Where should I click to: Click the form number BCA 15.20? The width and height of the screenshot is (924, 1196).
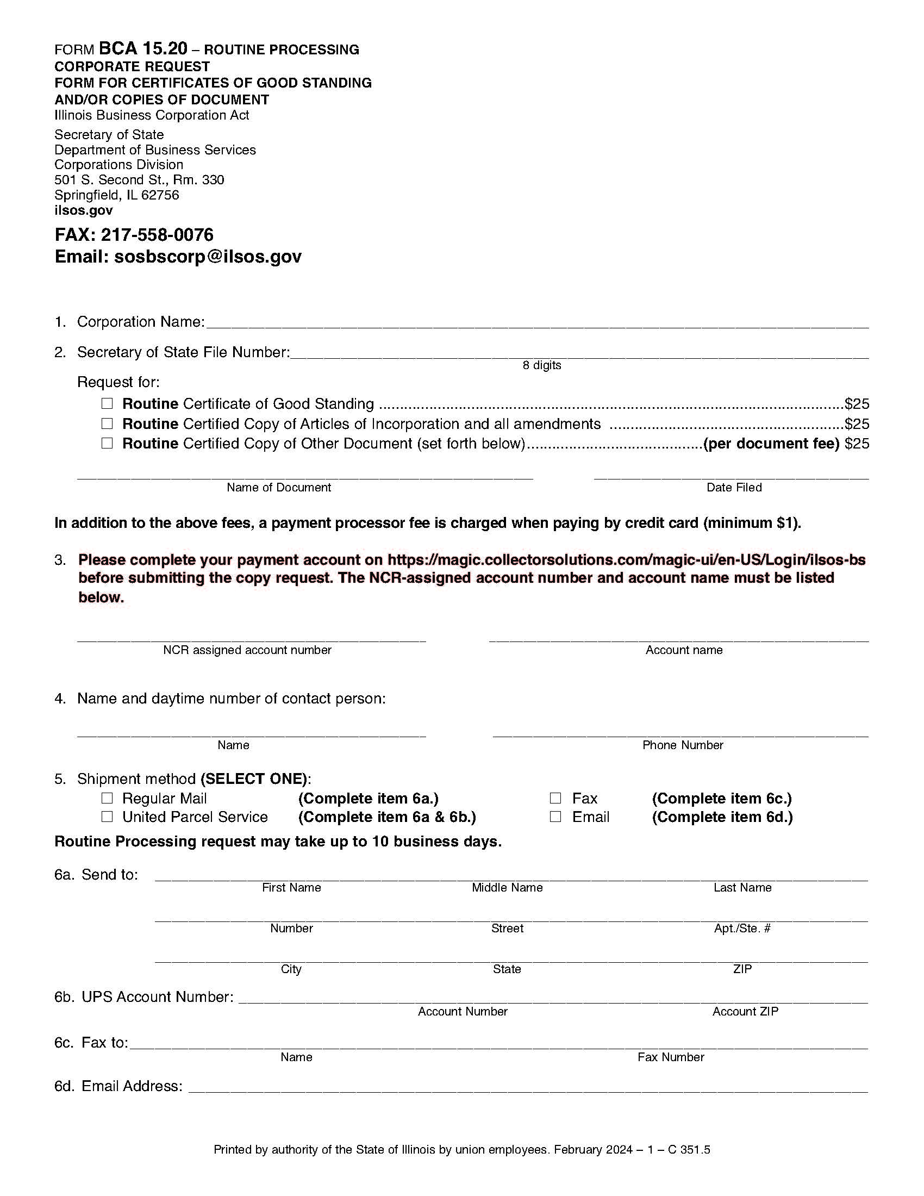click(x=143, y=49)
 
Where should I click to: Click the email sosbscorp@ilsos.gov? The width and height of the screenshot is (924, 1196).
click(x=208, y=257)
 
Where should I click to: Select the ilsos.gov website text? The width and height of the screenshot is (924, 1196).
click(x=83, y=210)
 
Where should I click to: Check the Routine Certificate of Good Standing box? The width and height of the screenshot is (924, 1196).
click(x=107, y=403)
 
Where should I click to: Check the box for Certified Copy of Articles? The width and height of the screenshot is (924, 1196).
click(x=107, y=423)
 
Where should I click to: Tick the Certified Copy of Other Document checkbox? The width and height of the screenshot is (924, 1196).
click(x=107, y=443)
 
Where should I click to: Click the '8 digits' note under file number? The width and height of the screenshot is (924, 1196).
click(x=541, y=365)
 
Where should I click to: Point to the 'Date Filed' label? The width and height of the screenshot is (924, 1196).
click(x=734, y=488)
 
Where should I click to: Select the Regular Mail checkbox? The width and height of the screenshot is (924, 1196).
click(x=107, y=798)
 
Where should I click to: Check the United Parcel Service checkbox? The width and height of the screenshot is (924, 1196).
click(x=107, y=817)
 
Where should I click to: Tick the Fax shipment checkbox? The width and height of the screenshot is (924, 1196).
click(x=555, y=798)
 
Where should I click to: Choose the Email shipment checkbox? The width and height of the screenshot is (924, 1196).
click(x=555, y=817)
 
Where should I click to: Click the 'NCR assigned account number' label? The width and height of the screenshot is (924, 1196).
click(x=247, y=650)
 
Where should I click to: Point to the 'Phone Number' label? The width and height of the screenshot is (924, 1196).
click(x=683, y=745)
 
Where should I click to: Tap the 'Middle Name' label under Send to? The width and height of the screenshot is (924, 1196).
click(x=507, y=888)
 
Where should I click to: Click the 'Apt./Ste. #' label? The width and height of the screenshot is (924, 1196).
click(x=742, y=928)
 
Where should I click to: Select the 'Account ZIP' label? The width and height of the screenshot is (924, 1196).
click(x=745, y=1012)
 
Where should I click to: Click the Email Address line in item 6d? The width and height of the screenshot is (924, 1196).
click(x=528, y=1087)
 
